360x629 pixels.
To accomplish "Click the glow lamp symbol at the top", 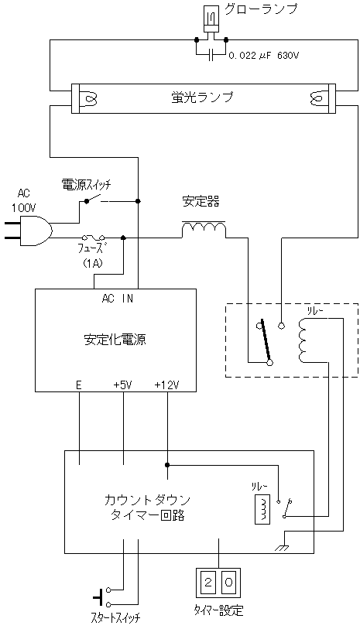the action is pos(211,19).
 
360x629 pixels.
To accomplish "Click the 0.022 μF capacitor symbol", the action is pos(211,56).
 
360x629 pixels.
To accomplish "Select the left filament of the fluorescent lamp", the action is pos(90,98).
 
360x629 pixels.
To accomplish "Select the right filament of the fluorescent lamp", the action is pos(317,98).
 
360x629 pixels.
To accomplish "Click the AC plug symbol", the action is pos(28,231).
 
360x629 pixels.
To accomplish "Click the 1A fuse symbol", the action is pos(94,238).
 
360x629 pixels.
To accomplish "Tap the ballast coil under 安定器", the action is pos(204,229).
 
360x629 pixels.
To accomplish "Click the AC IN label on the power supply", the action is pos(117,299).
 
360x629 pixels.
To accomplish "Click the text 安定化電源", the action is pos(115,340).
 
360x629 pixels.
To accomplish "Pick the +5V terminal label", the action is pos(123,385).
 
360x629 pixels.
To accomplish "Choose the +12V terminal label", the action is pos(167,385).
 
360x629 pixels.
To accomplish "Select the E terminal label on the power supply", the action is pos(79,385).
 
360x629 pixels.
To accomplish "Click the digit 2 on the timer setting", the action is pos(208,583).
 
